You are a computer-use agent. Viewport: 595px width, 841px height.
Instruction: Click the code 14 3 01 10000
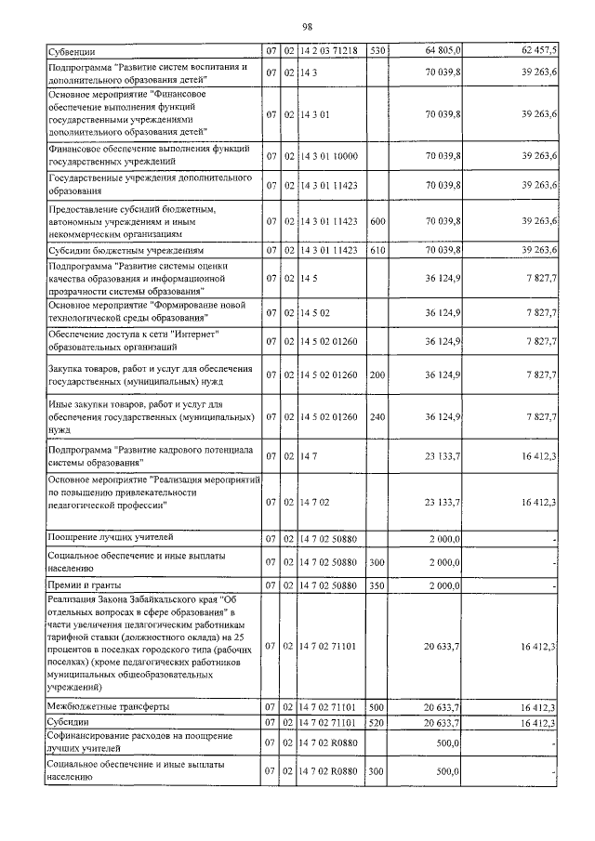coord(334,159)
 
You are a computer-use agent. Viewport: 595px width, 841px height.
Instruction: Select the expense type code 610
coord(377,251)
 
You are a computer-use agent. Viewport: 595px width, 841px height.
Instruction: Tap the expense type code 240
coord(377,417)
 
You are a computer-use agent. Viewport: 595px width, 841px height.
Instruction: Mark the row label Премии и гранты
coord(81,585)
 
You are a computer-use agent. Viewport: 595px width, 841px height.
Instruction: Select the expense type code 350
coord(377,585)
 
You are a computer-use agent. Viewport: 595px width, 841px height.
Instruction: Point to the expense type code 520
coord(377,721)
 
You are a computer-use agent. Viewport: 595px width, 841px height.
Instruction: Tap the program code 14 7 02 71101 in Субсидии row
coord(334,721)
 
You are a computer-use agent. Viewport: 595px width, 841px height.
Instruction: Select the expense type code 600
coord(377,221)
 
